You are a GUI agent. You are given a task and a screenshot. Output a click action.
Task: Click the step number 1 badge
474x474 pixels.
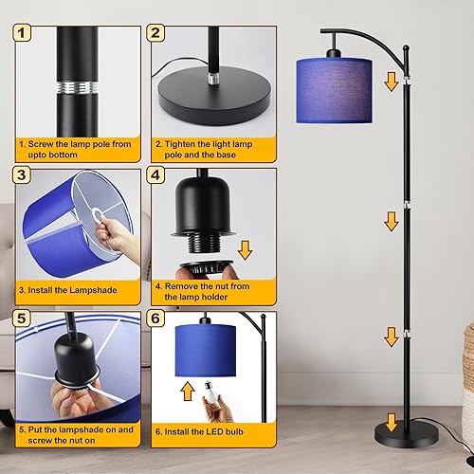tap(23, 34)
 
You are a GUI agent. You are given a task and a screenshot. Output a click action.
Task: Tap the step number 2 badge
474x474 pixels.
tap(156, 34)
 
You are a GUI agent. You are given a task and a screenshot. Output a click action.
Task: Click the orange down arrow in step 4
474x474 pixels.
tap(246, 250)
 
